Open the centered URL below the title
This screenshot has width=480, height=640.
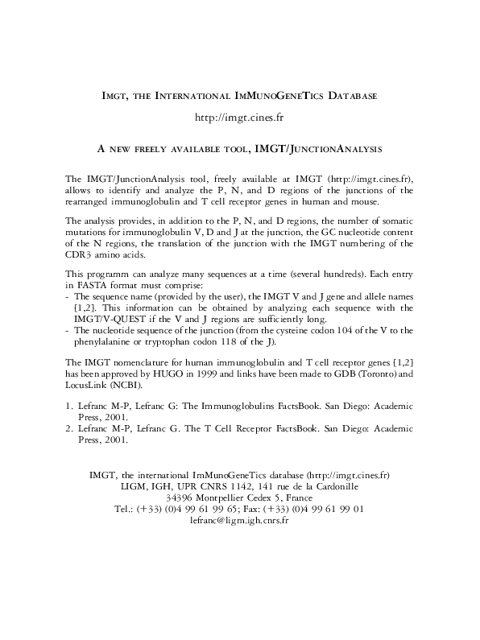point(240,118)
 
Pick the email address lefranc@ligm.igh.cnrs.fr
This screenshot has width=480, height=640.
point(239,520)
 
